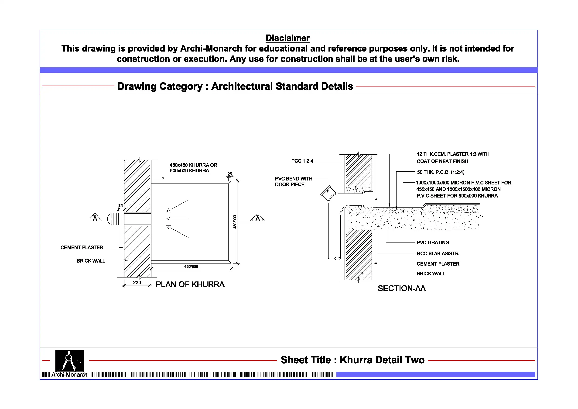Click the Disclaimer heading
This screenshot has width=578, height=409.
point(287,38)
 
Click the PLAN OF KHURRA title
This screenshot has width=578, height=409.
point(190,284)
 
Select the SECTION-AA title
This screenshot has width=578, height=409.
point(402,288)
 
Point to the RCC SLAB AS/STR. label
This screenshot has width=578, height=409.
point(438,253)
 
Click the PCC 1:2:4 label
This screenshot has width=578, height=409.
point(302,161)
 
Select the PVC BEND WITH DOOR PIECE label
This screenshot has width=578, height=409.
point(293,181)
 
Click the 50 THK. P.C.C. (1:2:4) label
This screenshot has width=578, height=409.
point(441,172)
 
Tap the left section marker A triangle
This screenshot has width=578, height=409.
point(95,218)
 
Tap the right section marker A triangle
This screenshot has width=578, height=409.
point(257,218)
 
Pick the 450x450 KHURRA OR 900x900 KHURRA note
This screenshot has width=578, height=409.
point(193,168)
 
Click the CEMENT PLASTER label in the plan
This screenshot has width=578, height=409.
point(82,248)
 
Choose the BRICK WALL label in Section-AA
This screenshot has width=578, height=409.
point(431,274)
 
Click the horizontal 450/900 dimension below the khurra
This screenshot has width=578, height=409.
point(191,267)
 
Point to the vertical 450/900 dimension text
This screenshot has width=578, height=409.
point(235,222)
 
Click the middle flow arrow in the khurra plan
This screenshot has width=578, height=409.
point(177,219)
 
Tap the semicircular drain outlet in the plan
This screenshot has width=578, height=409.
point(112,219)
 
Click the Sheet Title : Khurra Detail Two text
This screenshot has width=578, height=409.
point(352,360)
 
